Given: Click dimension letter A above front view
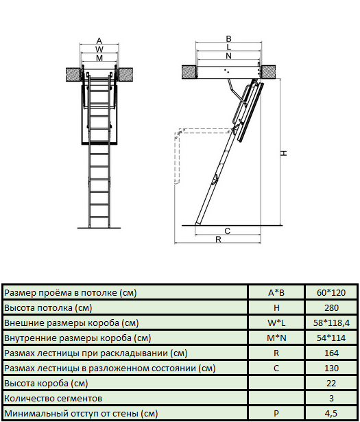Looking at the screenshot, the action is pos(99,41).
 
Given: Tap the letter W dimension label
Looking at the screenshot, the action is pos(99,49).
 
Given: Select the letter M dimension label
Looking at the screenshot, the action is pos(99,58).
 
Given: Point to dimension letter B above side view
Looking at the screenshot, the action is pos(228,39).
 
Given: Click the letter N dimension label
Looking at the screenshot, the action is pos(228,56).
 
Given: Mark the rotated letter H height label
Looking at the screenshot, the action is pos(284,153).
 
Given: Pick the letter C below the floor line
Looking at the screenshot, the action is pos(228,231).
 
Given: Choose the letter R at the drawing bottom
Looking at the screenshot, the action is pos(218,239).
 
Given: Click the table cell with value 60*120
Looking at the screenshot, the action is pos(331,292).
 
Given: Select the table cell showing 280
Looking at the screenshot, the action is pos(331,307).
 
